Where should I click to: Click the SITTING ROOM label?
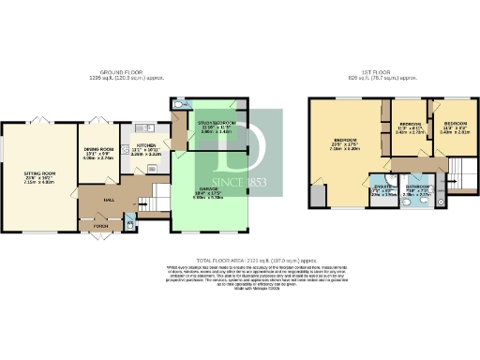coord(39,171)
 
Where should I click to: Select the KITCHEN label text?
coord(148,146)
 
